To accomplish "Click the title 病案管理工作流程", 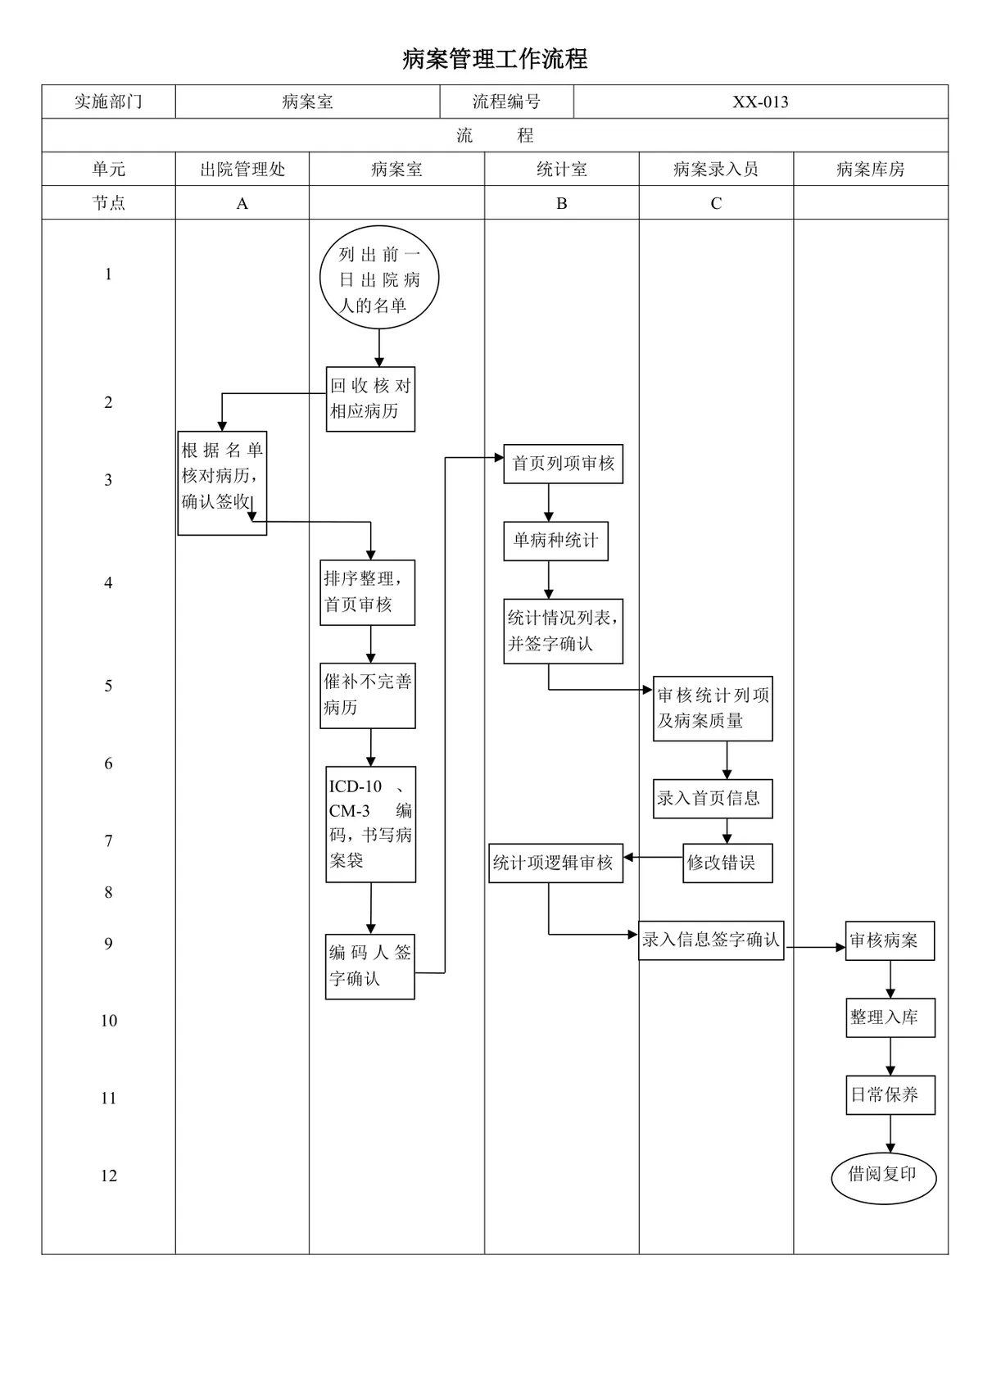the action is [x=494, y=59].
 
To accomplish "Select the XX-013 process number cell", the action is [x=760, y=102].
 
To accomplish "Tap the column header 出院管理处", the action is [x=242, y=169].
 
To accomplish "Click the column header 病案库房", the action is [x=870, y=169].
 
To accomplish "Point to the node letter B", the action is [x=561, y=203].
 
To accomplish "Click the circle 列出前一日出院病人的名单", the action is [x=378, y=277].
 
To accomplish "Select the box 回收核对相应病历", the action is [x=370, y=399].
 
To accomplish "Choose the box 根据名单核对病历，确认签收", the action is [x=222, y=483].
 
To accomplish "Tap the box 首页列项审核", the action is [x=563, y=463].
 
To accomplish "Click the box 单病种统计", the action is [x=555, y=541].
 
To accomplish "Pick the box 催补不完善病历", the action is [x=368, y=695].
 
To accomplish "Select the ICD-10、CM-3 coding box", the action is [x=371, y=824].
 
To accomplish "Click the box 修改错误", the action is [x=727, y=863].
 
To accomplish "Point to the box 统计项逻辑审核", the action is [x=555, y=863].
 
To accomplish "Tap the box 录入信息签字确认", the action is [x=711, y=940].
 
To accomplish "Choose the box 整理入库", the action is [x=890, y=1017].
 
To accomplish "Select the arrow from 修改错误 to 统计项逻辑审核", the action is [x=653, y=857].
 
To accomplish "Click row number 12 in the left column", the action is [x=109, y=1176].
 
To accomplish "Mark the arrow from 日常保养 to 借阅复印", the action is [x=890, y=1134].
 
